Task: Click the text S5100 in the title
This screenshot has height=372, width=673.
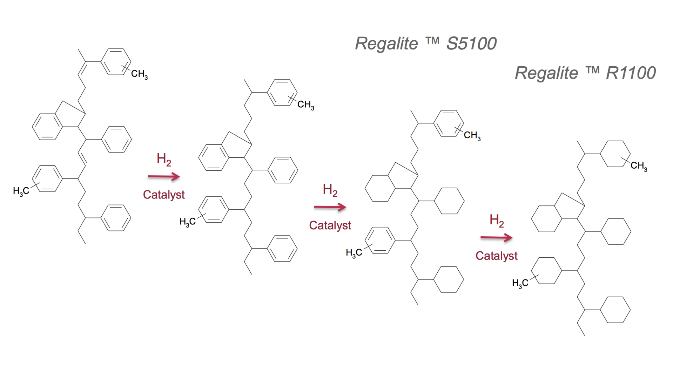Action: [x=471, y=44]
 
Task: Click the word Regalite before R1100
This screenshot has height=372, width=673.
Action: [x=546, y=73]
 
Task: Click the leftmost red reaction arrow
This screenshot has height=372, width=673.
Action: [x=164, y=177]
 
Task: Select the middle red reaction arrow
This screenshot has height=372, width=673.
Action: [x=330, y=207]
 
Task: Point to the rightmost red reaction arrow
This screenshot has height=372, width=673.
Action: [x=496, y=238]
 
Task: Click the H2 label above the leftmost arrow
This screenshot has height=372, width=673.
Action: [x=164, y=159]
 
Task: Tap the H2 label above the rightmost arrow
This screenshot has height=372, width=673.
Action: [x=497, y=221]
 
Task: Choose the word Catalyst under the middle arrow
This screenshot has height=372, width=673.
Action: [x=330, y=225]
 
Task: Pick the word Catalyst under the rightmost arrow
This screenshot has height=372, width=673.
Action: [x=496, y=256]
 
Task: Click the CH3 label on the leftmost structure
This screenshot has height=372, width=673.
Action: [x=139, y=74]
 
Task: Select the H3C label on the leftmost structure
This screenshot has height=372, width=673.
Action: [x=21, y=191]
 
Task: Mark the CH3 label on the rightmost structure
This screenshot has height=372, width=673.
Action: [x=639, y=166]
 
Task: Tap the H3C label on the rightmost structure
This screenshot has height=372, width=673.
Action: [x=520, y=283]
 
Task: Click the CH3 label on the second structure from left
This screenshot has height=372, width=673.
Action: [x=305, y=105]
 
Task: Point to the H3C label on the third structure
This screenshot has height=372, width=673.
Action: [x=354, y=253]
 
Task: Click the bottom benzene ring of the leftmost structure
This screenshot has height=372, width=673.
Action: [x=116, y=218]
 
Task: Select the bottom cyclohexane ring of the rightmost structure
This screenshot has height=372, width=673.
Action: [x=615, y=310]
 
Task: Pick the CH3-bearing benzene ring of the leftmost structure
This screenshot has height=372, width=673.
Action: [x=116, y=62]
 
